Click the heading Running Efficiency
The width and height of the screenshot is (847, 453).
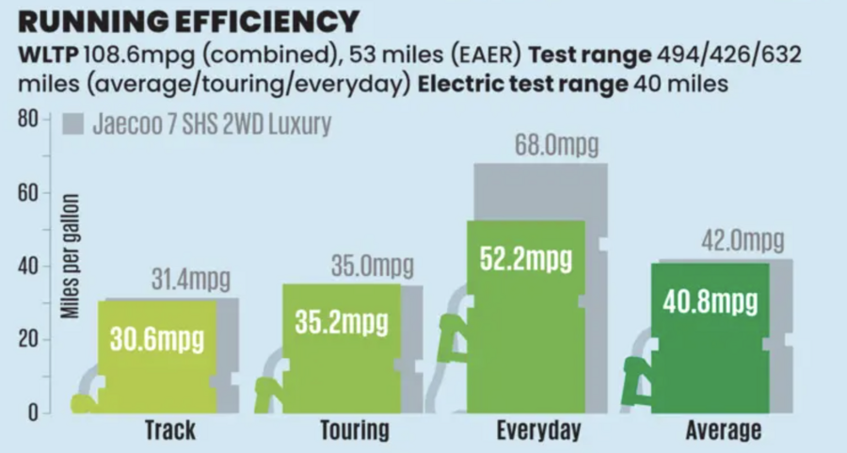tap(188, 20)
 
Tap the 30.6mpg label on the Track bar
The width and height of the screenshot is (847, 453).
tap(158, 340)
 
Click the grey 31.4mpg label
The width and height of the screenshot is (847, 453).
tap(190, 280)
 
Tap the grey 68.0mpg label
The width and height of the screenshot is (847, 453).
tap(556, 146)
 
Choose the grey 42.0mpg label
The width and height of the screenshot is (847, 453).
tap(742, 241)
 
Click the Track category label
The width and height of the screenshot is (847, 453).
tap(171, 431)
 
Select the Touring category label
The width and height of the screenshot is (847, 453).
tap(355, 431)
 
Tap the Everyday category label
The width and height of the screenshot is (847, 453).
tap(538, 431)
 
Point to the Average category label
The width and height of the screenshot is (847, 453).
tap(723, 431)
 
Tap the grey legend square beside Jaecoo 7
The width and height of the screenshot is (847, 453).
tap(74, 124)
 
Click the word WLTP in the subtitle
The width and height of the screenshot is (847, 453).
tap(47, 55)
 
